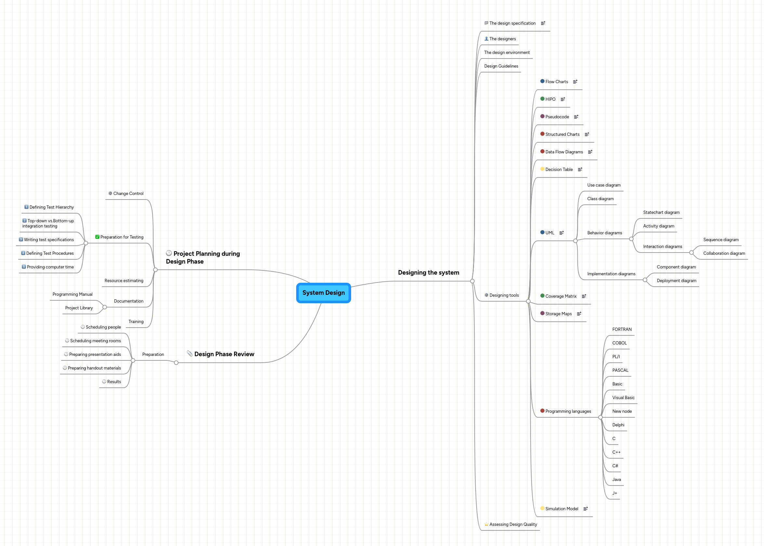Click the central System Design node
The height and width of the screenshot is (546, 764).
click(323, 293)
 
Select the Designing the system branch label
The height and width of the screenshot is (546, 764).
click(428, 273)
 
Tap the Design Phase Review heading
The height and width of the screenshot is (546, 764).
click(224, 354)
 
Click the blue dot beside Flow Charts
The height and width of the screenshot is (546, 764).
click(542, 81)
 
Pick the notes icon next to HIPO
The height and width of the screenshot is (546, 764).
click(562, 99)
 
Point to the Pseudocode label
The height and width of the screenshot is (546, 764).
click(557, 117)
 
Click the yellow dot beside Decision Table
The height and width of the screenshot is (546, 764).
click(542, 169)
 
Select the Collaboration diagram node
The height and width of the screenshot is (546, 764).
click(724, 253)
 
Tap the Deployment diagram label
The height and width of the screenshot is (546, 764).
click(676, 281)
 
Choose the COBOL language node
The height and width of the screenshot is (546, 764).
click(619, 343)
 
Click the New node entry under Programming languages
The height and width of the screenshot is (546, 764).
click(622, 411)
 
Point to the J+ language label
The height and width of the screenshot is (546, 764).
click(614, 493)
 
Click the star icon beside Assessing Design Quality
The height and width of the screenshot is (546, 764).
click(486, 524)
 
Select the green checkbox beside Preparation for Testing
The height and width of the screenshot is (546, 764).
click(97, 237)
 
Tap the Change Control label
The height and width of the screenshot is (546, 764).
click(128, 194)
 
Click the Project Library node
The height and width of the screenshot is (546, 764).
click(79, 308)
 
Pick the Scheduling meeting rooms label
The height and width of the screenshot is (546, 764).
click(95, 341)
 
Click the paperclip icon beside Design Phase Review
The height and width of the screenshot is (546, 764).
click(190, 354)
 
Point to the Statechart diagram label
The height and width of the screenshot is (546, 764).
click(661, 213)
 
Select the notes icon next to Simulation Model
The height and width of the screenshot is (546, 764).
click(586, 509)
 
